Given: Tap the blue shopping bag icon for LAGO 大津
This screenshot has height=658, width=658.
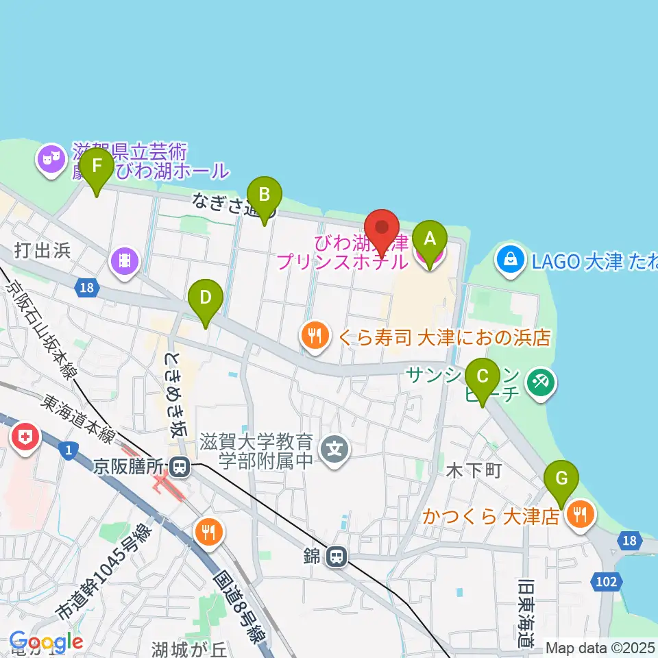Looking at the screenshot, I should pos(511,259).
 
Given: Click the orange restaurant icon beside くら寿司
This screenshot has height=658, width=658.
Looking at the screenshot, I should pos(314,336).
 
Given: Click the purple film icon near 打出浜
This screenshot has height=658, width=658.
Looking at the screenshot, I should pos(124,260).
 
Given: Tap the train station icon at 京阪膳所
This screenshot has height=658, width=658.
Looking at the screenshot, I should pos(180,467).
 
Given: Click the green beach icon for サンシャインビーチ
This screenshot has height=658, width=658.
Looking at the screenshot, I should pos(539,382).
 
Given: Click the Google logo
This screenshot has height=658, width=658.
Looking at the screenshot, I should pos(46,642).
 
